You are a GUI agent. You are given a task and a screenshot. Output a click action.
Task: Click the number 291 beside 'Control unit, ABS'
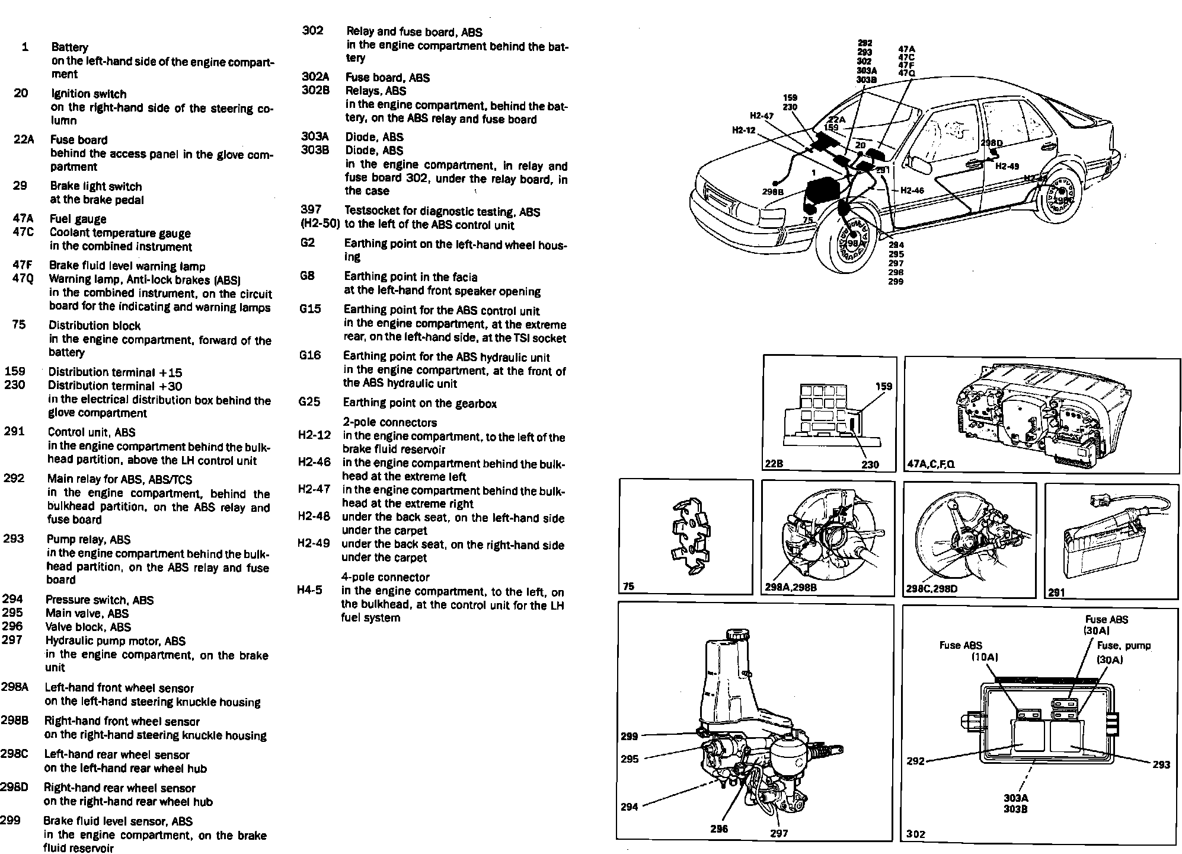(14, 432)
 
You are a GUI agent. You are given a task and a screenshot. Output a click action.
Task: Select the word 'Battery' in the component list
(69, 47)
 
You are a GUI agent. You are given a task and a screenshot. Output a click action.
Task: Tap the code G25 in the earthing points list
(309, 402)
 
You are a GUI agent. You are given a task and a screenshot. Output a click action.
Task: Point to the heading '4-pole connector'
(385, 577)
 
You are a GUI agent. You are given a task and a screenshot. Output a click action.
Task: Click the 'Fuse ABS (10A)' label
(962, 651)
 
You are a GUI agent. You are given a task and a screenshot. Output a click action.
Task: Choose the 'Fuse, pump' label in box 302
(1123, 646)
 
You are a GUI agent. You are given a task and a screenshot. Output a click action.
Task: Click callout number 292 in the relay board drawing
(916, 761)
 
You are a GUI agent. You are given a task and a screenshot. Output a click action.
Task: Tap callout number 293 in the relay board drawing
(1161, 764)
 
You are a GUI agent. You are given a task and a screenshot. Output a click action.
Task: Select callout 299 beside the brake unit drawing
(630, 736)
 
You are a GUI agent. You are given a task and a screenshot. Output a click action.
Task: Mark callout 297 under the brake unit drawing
(779, 833)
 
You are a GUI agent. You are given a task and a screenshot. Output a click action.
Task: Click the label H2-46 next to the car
(912, 190)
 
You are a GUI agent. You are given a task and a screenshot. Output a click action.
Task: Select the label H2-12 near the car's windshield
(743, 130)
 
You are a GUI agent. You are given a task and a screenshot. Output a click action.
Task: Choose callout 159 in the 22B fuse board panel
(883, 386)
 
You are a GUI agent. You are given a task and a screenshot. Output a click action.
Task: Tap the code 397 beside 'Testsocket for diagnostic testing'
(311, 209)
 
